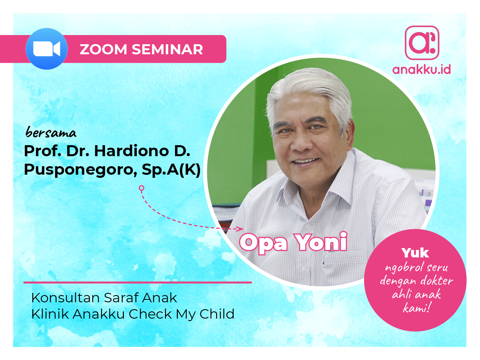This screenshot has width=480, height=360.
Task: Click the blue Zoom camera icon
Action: tap(47, 49)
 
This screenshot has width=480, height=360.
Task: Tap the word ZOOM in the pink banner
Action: tap(103, 50)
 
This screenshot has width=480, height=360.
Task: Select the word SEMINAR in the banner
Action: tap(167, 50)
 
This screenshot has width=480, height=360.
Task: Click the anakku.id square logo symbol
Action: tap(422, 43)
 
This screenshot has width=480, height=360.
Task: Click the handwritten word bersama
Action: tap(51, 132)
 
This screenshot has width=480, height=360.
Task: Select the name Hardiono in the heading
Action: tap(131, 151)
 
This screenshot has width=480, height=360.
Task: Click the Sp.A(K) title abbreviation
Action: tap(171, 170)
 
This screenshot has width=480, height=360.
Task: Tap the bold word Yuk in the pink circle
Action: tap(415, 253)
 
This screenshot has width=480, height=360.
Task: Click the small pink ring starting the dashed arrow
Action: tap(141, 188)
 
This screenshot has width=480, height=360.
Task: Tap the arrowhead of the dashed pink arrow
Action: tap(240, 229)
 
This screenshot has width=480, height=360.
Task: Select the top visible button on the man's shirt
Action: tap(308, 227)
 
